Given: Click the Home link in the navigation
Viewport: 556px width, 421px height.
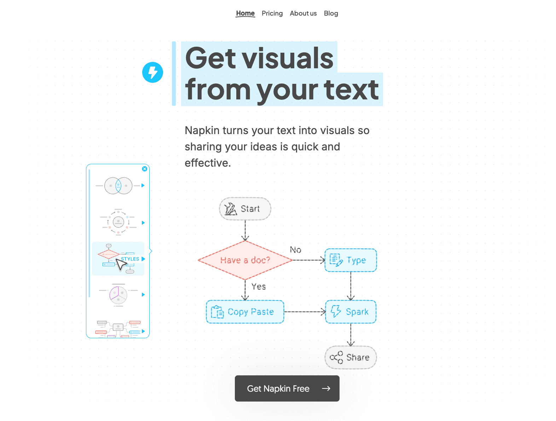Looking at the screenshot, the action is (245, 13).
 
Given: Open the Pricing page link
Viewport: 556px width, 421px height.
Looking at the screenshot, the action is (272, 13).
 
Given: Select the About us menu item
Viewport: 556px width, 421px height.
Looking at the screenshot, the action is (303, 13).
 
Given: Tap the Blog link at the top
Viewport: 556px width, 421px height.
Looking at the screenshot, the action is (331, 13).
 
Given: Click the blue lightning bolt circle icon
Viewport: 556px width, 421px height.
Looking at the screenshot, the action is (152, 73).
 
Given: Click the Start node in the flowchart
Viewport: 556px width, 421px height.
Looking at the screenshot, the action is (245, 209).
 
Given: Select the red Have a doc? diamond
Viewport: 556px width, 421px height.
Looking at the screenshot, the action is (245, 260).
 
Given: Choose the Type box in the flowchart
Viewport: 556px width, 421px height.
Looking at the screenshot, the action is (351, 260).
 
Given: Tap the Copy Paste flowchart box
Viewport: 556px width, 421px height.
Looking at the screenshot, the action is (245, 312).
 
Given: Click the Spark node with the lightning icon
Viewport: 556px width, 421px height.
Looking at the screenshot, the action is (351, 312).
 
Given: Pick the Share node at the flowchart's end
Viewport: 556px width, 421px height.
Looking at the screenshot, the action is (351, 357).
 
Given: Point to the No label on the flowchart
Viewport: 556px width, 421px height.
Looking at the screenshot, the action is (296, 250).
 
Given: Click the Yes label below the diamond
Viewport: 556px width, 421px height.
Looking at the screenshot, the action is (259, 287).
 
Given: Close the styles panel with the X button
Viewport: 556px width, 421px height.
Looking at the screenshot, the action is (145, 169).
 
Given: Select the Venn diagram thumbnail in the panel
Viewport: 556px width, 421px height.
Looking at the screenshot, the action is (118, 185).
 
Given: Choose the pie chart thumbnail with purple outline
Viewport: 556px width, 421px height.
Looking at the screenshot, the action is (118, 294).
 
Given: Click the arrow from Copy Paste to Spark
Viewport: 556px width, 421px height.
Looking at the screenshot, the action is (305, 312).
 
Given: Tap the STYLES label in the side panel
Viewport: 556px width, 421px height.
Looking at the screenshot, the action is (130, 259).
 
